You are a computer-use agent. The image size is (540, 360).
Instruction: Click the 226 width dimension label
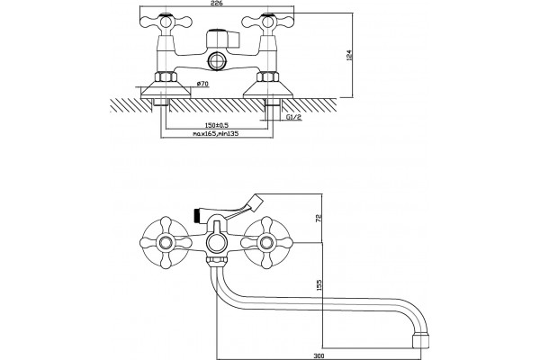[217, 3]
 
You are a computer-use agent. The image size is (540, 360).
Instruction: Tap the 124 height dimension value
[349, 56]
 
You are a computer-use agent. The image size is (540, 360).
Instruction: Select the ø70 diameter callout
[202, 84]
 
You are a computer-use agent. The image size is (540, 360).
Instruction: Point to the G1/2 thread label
[293, 117]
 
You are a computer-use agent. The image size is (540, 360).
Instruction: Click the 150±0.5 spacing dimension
[217, 125]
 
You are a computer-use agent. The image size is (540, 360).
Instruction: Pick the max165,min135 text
[216, 134]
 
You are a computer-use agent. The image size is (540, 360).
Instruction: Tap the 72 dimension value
[319, 218]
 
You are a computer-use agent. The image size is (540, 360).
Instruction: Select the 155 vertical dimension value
[319, 285]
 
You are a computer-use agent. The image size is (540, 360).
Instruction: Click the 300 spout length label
[319, 355]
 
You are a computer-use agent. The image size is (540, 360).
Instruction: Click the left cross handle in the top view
[166, 22]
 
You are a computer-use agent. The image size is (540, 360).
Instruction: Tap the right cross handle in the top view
[267, 22]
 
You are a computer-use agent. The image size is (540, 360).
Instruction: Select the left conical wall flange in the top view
[166, 89]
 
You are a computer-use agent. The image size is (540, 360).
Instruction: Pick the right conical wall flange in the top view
[268, 89]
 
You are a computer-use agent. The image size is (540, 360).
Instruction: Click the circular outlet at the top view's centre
[216, 61]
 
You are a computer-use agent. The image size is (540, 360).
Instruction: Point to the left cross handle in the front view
[166, 242]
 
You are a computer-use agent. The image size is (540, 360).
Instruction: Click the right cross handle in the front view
[267, 242]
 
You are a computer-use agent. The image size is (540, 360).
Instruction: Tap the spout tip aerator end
[420, 341]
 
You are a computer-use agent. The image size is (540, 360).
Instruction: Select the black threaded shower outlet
[196, 213]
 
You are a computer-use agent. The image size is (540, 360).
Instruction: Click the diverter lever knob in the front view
[256, 202]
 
